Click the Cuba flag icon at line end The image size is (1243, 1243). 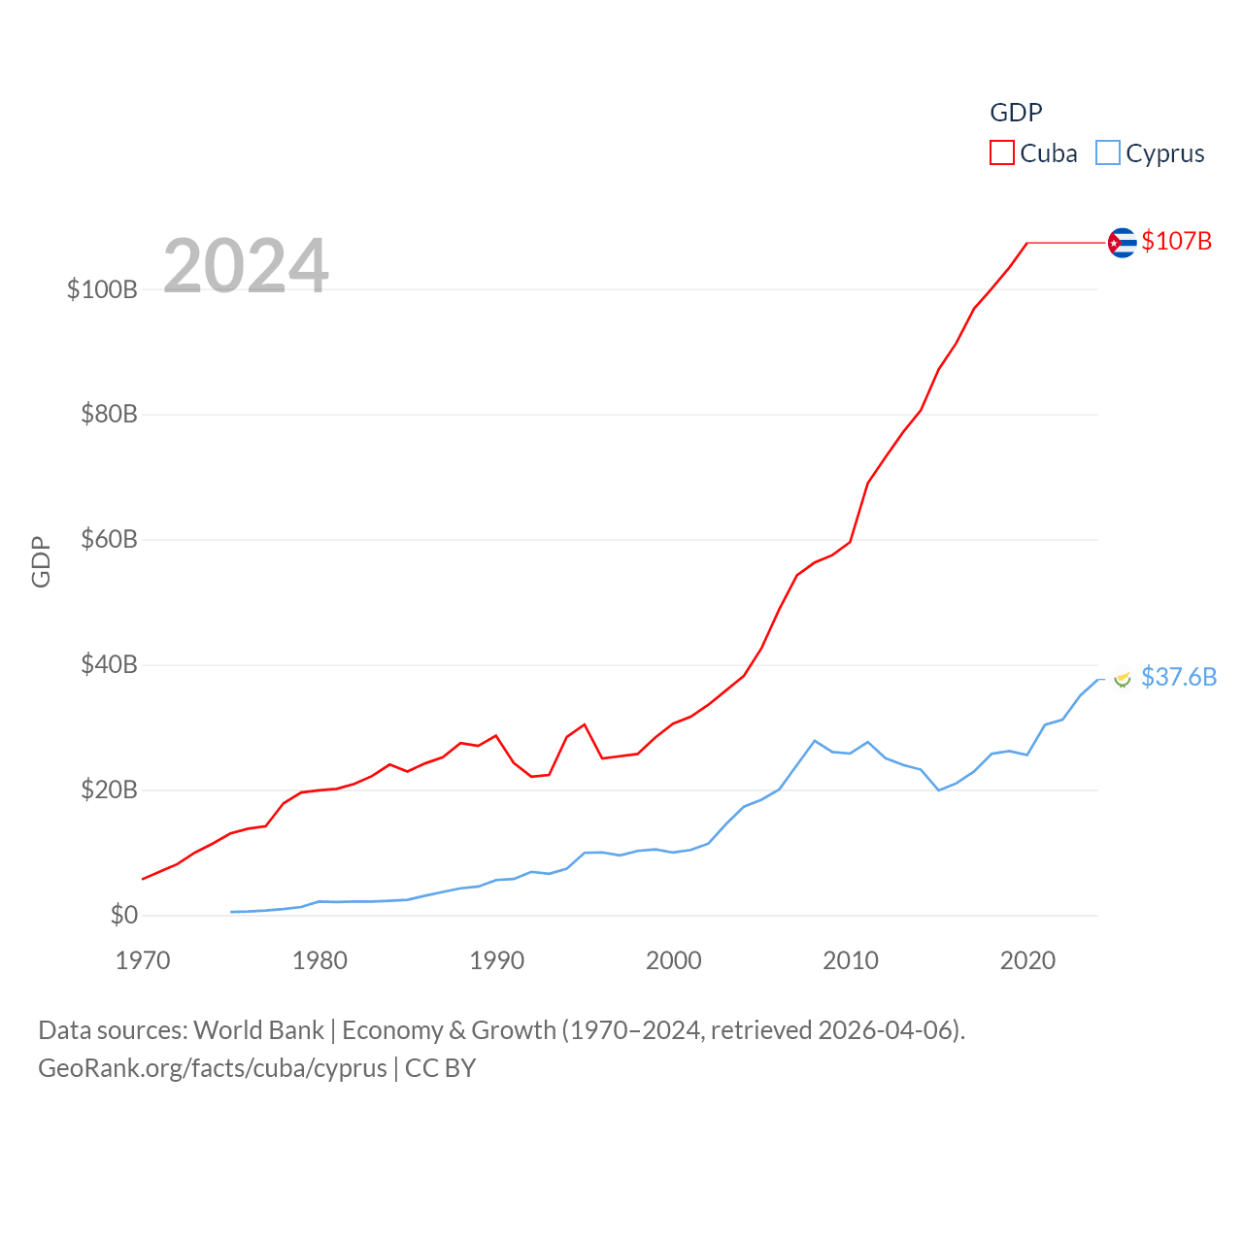pos(1122,242)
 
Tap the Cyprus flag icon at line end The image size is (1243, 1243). pos(1123,679)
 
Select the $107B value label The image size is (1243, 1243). pos(1176,241)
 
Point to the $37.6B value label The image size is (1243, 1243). pos(1178,677)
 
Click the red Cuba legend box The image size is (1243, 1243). pos(1002,153)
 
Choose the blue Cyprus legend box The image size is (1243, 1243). pos(1108,153)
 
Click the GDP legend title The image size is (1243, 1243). pos(1016,113)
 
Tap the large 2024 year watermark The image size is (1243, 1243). pos(246,266)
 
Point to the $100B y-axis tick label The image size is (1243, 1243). pos(102,289)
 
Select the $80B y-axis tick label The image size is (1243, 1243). pos(109,415)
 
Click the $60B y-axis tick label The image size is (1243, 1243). pos(109,539)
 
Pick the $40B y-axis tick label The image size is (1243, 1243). pos(109,664)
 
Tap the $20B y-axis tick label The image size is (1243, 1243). pos(109,789)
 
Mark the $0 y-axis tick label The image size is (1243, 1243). pos(124,915)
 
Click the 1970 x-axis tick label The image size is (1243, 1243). pos(143,960)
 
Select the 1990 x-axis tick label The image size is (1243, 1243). pos(496,960)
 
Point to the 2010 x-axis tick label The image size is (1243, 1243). pos(851,960)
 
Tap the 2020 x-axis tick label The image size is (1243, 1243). pos(1027,960)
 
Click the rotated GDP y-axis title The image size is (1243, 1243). pos(41,561)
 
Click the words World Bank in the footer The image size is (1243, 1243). pos(258,1029)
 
